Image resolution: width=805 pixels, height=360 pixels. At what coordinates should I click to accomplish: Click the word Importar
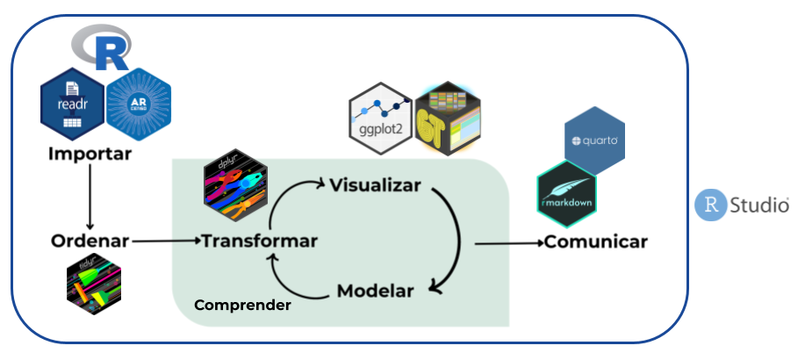pos(90,155)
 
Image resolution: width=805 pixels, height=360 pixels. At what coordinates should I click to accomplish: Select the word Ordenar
pos(90,241)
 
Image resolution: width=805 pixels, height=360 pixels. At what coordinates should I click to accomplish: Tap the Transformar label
pos(260,241)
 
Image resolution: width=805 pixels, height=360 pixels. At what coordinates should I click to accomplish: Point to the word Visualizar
pos(376,185)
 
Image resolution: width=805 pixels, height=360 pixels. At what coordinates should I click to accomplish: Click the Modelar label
pos(375,291)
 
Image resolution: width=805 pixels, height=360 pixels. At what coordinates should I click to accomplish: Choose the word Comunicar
pos(596,241)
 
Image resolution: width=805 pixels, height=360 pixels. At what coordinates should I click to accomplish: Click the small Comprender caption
pos(242,306)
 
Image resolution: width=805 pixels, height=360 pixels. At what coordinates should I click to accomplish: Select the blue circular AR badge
pos(138,106)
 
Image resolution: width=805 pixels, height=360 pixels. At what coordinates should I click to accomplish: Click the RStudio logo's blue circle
pos(709,205)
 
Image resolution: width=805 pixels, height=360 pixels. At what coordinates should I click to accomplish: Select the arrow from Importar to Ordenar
pos(90,198)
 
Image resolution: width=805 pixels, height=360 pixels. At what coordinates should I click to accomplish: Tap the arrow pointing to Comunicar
pos(507,241)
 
